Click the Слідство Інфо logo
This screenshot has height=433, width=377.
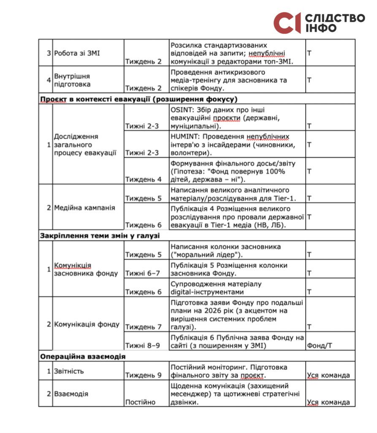point(319,23)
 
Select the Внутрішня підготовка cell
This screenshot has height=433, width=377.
point(72,80)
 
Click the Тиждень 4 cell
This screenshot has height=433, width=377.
point(143,179)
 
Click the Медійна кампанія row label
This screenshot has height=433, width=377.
point(84,208)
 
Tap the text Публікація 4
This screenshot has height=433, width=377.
point(190,209)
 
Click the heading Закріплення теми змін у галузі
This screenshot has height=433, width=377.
point(100,236)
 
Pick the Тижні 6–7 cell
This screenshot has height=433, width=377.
point(143,273)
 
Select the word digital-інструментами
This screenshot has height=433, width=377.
point(209,292)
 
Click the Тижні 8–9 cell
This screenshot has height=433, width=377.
point(143,345)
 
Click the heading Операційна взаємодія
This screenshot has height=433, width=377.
point(83,356)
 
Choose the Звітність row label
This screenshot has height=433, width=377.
point(69,371)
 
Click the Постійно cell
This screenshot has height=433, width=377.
point(140,402)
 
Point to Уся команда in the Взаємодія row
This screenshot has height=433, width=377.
point(328,402)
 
